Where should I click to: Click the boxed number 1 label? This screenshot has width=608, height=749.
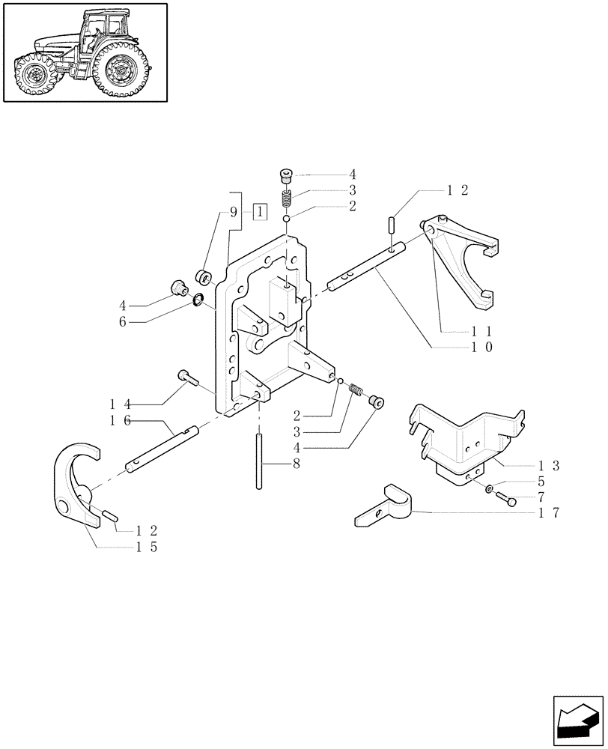[x=259, y=212]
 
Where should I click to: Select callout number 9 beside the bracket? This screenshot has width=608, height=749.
[x=234, y=212]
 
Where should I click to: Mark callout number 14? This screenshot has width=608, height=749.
[x=121, y=404]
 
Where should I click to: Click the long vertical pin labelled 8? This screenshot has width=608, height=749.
[x=259, y=461]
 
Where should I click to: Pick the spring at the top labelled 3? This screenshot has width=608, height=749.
[x=286, y=201]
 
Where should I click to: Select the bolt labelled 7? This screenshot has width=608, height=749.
[x=508, y=500]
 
